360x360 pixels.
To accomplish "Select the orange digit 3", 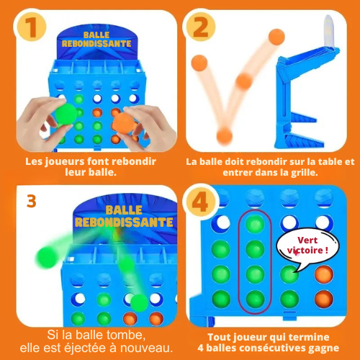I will (x=30, y=201).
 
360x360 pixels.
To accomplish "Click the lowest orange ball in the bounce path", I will (x=225, y=135).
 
